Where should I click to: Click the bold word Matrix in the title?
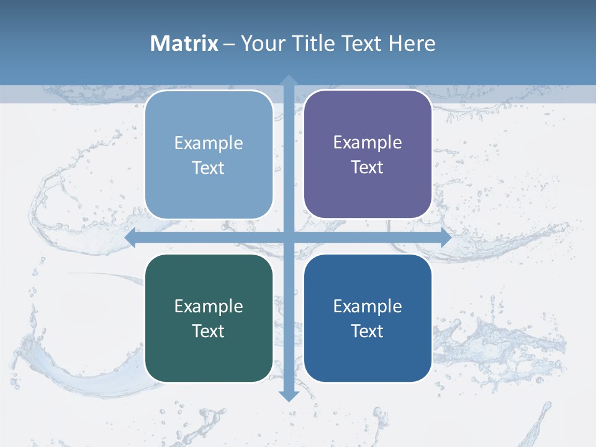click(x=184, y=43)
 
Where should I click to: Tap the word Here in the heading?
click(x=412, y=43)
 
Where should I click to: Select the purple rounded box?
click(x=368, y=192)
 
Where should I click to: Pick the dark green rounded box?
click(x=209, y=354)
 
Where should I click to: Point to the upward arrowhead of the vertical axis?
click(x=289, y=81)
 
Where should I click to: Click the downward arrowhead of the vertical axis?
click(x=289, y=395)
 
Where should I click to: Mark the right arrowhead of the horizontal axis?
click(x=445, y=238)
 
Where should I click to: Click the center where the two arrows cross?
click(x=289, y=238)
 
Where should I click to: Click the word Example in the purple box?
click(x=368, y=143)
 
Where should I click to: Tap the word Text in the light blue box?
click(x=209, y=168)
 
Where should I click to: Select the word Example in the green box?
click(x=209, y=306)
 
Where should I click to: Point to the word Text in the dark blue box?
click(x=368, y=331)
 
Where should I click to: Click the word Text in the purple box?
click(x=368, y=168)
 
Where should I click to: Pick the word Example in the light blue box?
click(x=209, y=143)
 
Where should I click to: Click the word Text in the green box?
click(x=209, y=331)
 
